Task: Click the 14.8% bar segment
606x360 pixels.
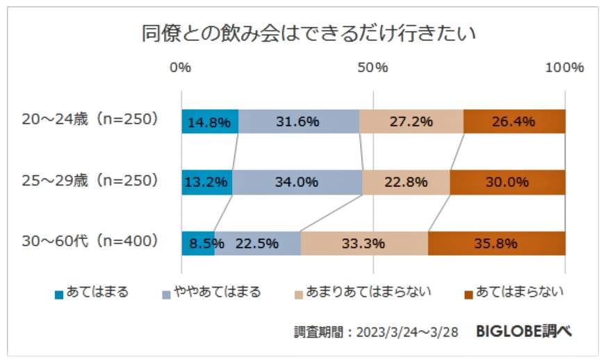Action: pos(209,122)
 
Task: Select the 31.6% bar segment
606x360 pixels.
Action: pos(298,122)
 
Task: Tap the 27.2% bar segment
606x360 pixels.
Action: pos(411,122)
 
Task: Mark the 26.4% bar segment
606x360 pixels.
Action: pos(514,122)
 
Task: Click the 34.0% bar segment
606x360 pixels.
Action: pos(297,182)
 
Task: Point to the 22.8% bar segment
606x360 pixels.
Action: pos(406,182)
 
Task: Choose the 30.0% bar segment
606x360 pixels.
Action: pos(507,182)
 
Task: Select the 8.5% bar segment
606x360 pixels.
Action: pos(198,243)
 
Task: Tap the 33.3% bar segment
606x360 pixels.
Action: pos(363,243)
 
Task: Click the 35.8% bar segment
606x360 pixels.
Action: pos(496,243)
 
